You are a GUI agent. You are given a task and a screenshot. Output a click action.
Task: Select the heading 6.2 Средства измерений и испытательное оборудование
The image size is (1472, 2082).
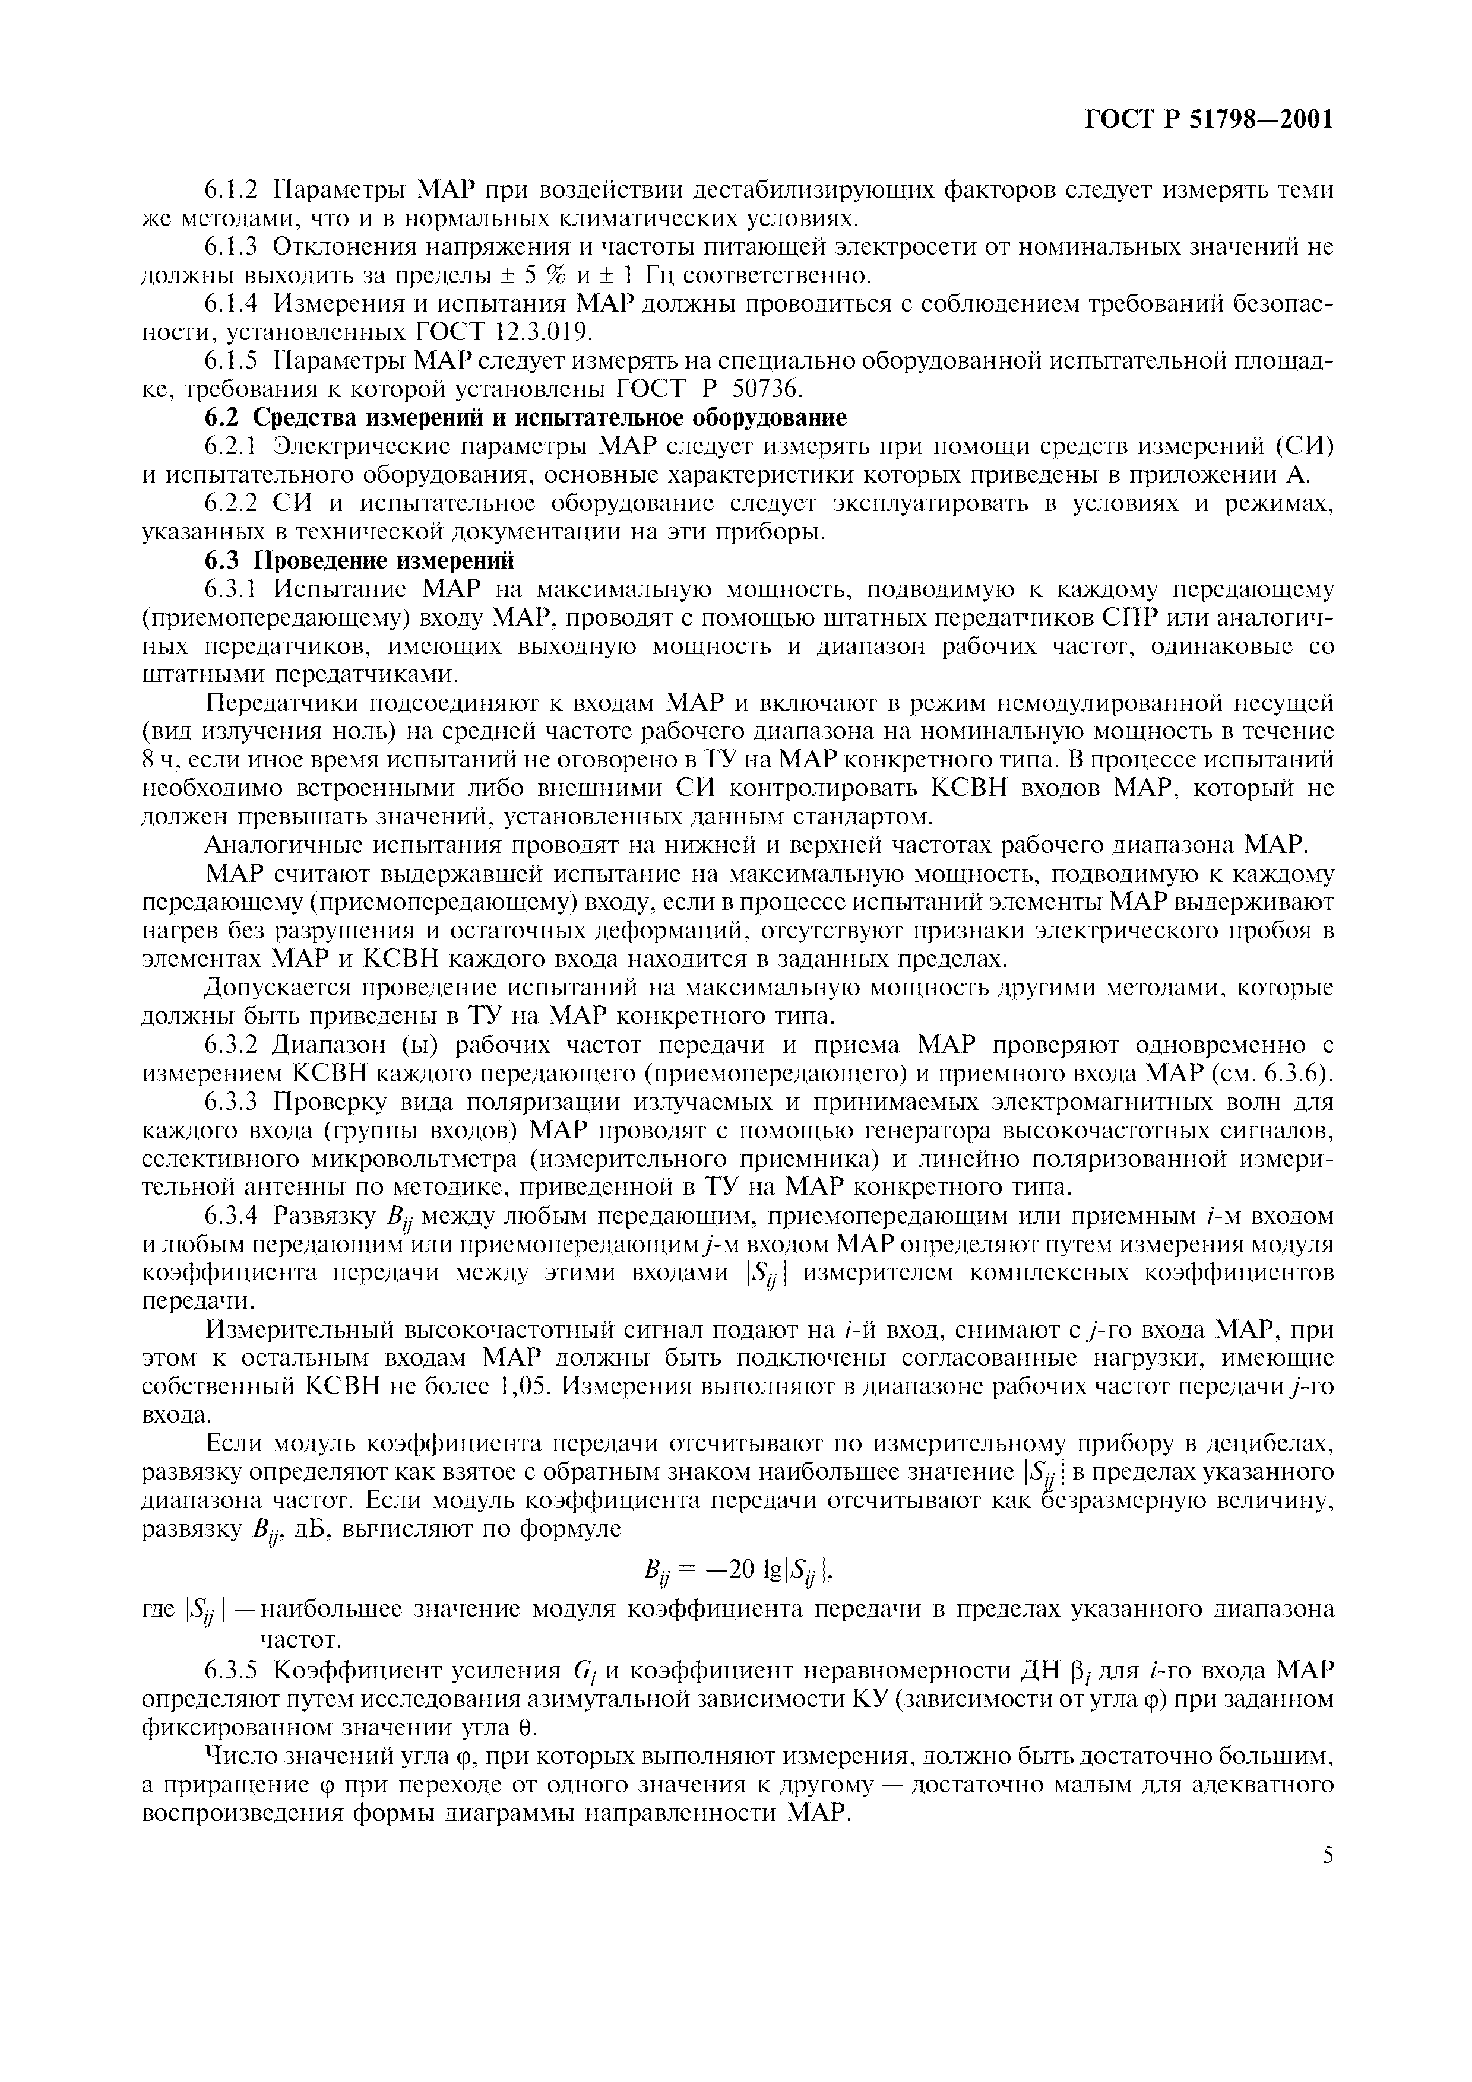[x=525, y=418]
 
